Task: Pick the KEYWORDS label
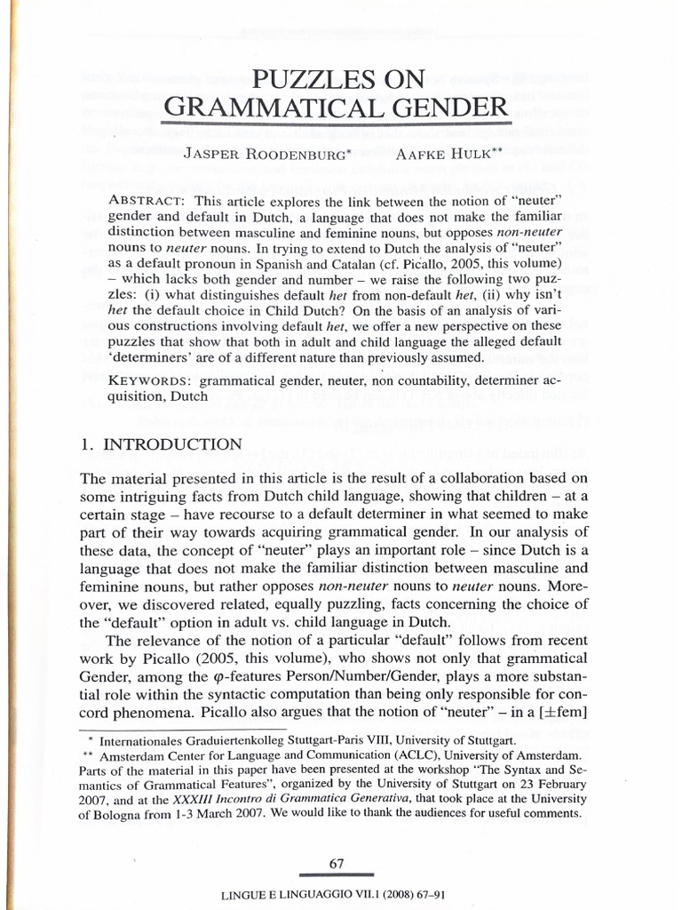[150, 381]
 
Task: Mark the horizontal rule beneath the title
[336, 123]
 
